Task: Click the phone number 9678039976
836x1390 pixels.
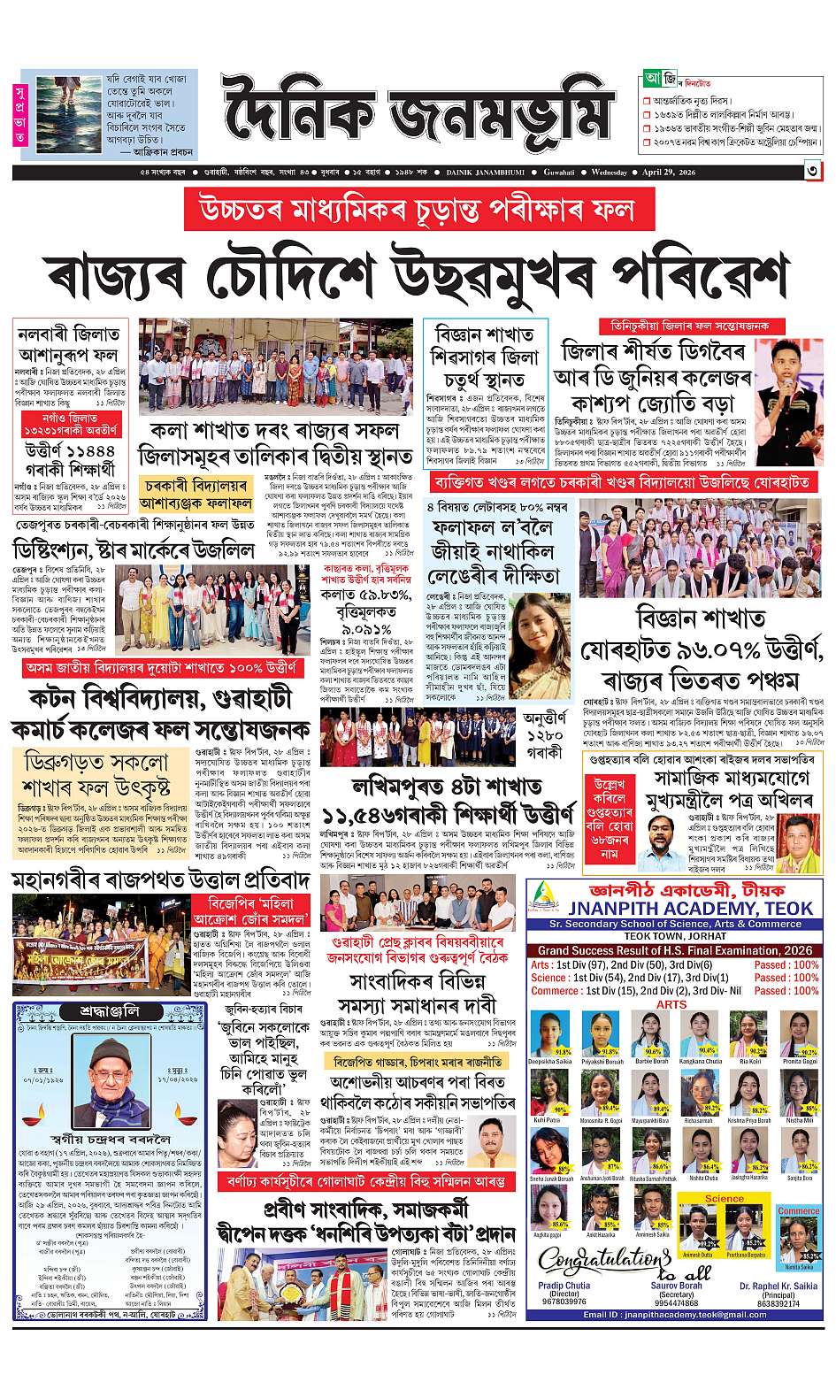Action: coord(564,1302)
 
